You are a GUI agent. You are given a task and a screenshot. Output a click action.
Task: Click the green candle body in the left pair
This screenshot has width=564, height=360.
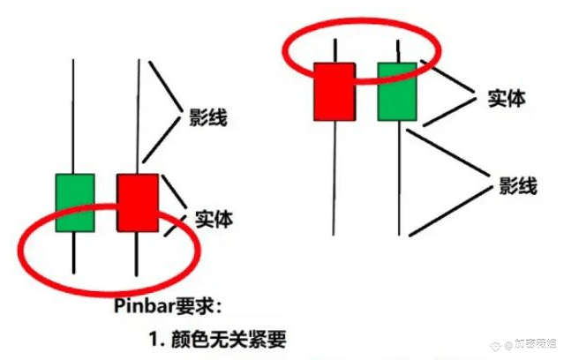(75, 203)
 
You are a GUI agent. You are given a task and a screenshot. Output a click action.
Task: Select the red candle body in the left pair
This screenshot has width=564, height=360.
(137, 203)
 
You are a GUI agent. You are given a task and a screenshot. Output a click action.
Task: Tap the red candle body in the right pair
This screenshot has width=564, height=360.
(335, 91)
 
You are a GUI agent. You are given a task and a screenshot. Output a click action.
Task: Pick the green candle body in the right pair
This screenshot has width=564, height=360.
(397, 91)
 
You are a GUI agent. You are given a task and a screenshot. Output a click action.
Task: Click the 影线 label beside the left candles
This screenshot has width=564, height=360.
(202, 117)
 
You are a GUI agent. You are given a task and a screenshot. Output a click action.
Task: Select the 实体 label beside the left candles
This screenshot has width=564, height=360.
(214, 219)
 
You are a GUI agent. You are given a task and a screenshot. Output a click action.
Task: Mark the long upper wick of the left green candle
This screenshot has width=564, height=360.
(75, 115)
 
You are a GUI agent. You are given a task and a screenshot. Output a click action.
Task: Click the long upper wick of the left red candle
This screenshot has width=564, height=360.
(137, 115)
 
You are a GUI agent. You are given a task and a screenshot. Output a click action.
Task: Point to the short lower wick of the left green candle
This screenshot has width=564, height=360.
(75, 252)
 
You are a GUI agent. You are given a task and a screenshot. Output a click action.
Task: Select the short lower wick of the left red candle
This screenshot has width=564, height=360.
(137, 252)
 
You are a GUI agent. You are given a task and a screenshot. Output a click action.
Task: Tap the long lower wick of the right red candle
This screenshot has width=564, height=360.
(335, 176)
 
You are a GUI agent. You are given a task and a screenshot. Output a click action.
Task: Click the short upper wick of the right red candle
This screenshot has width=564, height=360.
(335, 50)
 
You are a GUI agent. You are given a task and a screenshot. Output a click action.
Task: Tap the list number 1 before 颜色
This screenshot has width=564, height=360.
(155, 339)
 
